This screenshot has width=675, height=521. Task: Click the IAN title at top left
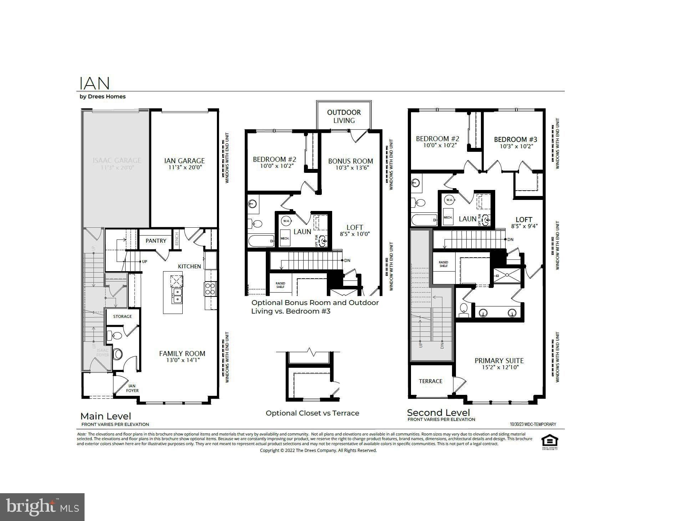(94, 83)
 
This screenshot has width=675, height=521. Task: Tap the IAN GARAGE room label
(184, 161)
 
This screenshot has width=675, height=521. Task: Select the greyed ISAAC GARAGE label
(117, 160)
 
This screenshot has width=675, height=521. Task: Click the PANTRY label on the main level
(156, 241)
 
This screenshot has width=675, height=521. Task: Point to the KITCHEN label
(189, 266)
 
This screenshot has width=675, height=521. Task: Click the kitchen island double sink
(177, 296)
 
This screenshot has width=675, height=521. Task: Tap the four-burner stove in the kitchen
(210, 288)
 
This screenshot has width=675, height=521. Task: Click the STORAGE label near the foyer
(122, 316)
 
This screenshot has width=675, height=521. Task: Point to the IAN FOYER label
(132, 388)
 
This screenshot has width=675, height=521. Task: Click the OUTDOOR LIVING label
(344, 116)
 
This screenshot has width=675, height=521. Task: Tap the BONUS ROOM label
(350, 161)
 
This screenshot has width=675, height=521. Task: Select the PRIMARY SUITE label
(499, 361)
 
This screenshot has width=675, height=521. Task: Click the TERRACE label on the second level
(430, 381)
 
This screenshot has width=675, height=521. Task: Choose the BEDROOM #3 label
(515, 139)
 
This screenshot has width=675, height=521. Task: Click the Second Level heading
(438, 413)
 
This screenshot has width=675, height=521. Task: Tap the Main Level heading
(106, 416)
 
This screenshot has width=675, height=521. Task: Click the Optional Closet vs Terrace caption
(312, 413)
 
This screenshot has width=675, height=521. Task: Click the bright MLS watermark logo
(42, 507)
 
